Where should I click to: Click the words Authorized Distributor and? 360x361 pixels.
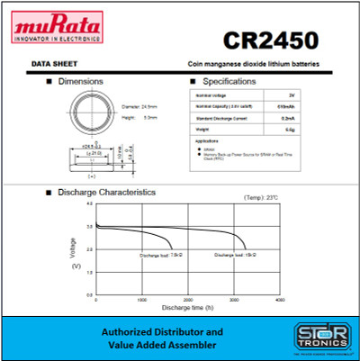(x=156, y=330)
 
